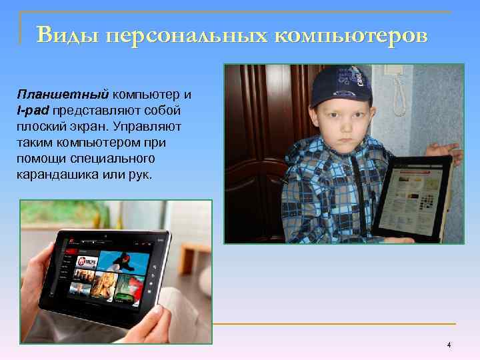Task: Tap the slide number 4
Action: pyautogui.click(x=449, y=345)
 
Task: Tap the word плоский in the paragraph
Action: pyautogui.click(x=41, y=126)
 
